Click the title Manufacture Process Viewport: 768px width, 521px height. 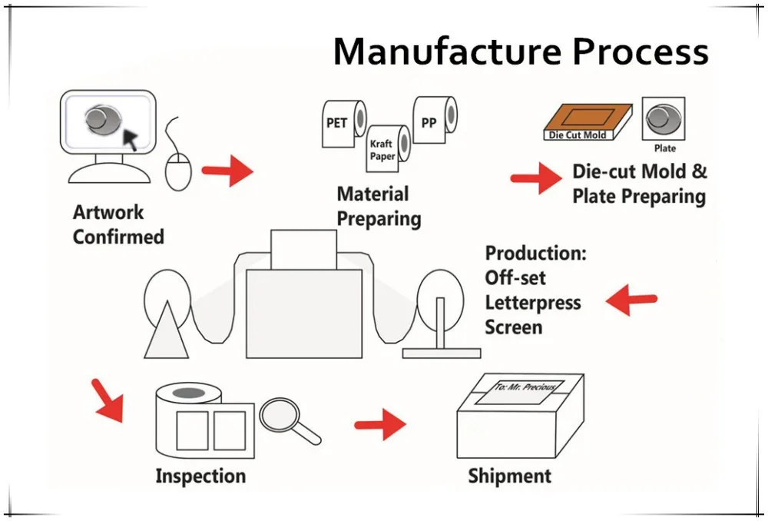(520, 51)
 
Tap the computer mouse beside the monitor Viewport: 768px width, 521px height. (178, 168)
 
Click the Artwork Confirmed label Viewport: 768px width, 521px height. (118, 224)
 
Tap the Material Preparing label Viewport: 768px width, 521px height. (379, 206)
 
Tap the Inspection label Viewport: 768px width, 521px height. (200, 476)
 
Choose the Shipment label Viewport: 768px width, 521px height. (509, 476)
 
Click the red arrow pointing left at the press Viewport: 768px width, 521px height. (631, 300)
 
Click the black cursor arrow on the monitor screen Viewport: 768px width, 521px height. (132, 138)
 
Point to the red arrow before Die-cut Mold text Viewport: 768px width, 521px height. (536, 179)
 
